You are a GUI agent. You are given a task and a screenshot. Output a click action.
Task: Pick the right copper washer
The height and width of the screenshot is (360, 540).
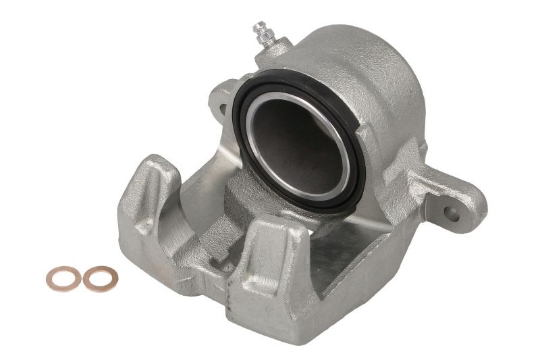(x=100, y=278)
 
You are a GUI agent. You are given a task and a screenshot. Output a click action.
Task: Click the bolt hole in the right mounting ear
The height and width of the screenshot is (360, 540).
(x=453, y=215)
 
